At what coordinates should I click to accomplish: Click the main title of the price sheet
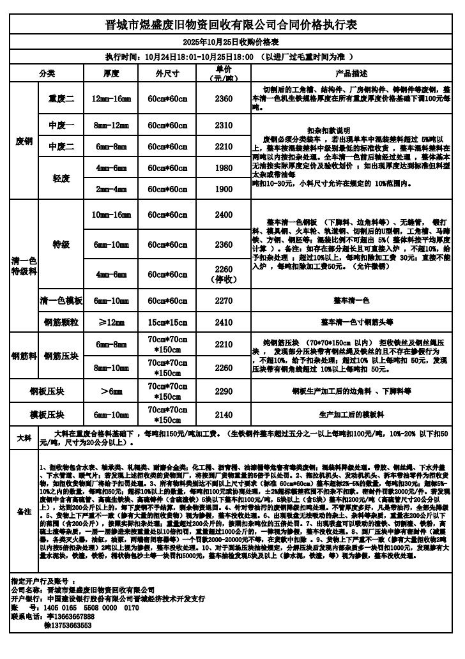pyautogui.click(x=231, y=25)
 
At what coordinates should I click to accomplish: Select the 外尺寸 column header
pyautogui.click(x=167, y=73)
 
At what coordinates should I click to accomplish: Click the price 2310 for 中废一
pyautogui.click(x=224, y=126)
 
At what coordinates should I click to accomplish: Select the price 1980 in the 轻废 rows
pyautogui.click(x=224, y=168)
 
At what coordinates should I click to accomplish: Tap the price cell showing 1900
pyautogui.click(x=224, y=189)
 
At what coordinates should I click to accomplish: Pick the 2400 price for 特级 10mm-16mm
pyautogui.click(x=224, y=215)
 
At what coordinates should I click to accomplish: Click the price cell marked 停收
pyautogui.click(x=224, y=274)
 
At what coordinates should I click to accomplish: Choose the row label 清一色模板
pyautogui.click(x=61, y=300)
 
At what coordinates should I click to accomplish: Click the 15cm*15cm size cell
pyautogui.click(x=167, y=322)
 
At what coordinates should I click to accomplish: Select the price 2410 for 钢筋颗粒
pyautogui.click(x=224, y=322)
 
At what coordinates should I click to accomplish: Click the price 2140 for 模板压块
pyautogui.click(x=224, y=414)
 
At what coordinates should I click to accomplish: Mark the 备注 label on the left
pyautogui.click(x=24, y=511)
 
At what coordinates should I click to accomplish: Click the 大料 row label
pyautogui.click(x=24, y=438)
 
